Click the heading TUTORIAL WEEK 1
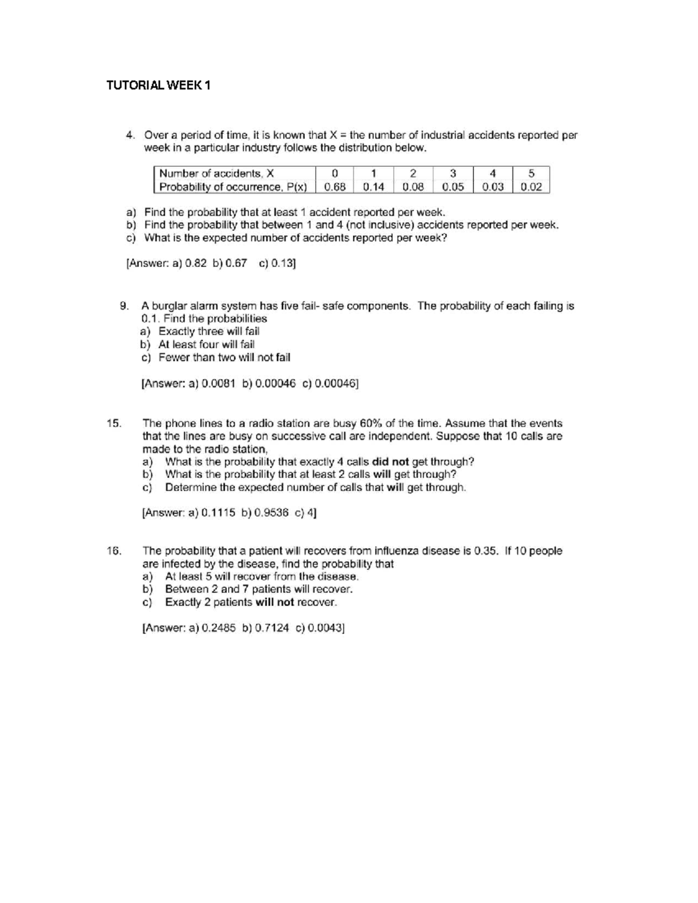click(x=158, y=86)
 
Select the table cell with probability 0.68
click(x=335, y=187)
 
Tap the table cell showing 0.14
click(x=373, y=187)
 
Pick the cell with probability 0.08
click(x=413, y=187)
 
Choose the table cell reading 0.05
click(x=453, y=187)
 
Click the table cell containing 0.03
click(x=493, y=187)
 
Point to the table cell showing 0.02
click(x=531, y=187)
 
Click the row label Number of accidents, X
click(x=216, y=173)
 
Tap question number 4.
click(x=131, y=135)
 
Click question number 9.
click(x=123, y=306)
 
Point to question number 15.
click(x=114, y=423)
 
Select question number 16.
click(x=114, y=551)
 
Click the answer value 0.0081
click(x=218, y=384)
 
